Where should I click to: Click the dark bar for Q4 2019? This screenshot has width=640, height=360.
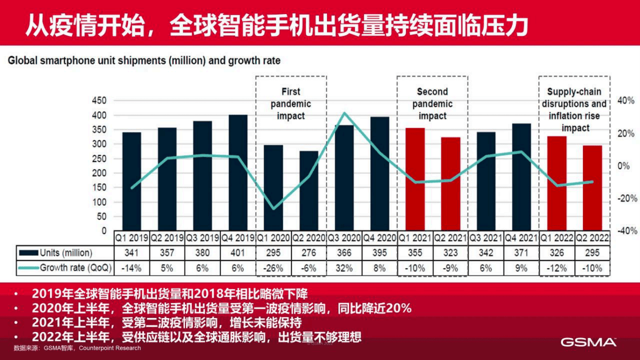(x=238, y=173)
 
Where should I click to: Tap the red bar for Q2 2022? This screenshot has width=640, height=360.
(x=592, y=188)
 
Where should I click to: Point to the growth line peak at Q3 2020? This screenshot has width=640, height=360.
(x=345, y=113)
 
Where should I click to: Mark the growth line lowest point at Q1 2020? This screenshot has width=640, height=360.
(x=274, y=209)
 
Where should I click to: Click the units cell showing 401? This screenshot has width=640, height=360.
(x=238, y=253)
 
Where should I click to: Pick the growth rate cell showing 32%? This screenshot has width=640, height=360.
(x=344, y=267)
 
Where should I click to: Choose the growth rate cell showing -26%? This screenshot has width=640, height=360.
(x=273, y=267)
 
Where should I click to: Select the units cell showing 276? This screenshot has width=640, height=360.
(x=309, y=253)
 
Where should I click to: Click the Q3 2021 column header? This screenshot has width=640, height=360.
(x=486, y=237)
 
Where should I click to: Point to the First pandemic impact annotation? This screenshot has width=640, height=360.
(x=291, y=103)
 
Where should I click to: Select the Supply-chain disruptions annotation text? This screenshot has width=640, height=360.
(x=574, y=110)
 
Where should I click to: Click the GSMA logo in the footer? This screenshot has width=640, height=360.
(x=589, y=342)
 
